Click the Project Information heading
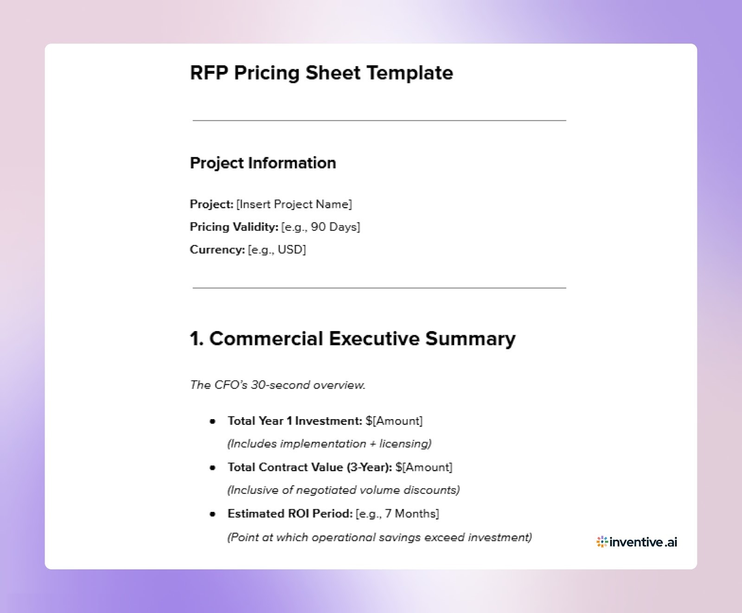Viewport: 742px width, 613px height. point(263,163)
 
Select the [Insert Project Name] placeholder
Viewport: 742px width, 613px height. point(294,204)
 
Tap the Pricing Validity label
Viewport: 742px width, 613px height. point(234,227)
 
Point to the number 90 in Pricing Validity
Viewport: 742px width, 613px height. point(318,227)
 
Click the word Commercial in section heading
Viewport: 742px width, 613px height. point(266,338)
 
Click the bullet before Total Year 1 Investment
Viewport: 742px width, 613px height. point(213,421)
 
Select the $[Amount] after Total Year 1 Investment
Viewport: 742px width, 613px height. point(394,421)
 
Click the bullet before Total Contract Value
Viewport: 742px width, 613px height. point(213,467)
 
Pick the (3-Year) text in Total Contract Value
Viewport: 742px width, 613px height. point(369,467)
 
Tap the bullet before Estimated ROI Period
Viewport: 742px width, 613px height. point(213,514)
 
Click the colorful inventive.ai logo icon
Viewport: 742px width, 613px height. point(602,542)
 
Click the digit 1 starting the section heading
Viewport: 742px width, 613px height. point(194,338)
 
